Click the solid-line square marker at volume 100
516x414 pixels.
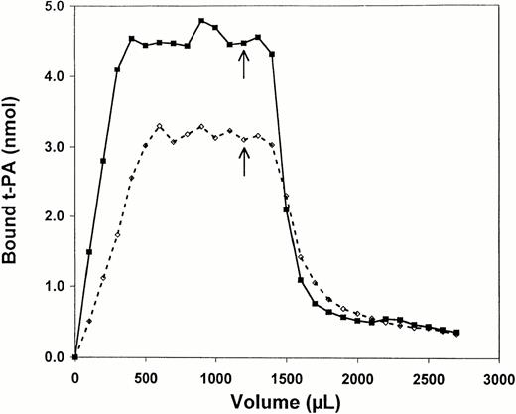(89, 252)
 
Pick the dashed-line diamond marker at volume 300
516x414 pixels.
(117, 234)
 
